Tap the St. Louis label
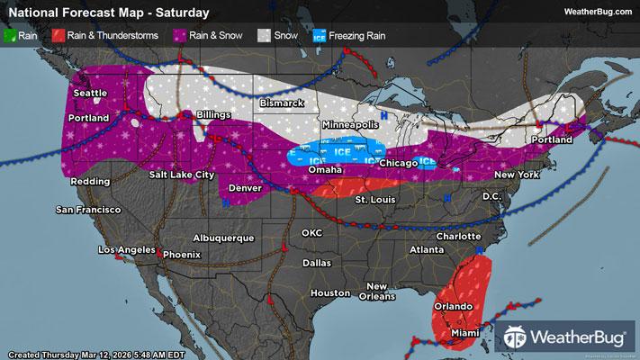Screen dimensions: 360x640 pyautogui.click(x=372, y=198)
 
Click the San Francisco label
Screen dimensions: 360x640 pyautogui.click(x=88, y=210)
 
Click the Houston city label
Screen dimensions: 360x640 pyautogui.click(x=329, y=293)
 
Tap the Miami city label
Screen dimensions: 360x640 pyautogui.click(x=464, y=333)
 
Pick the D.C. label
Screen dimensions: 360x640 pyautogui.click(x=491, y=195)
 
